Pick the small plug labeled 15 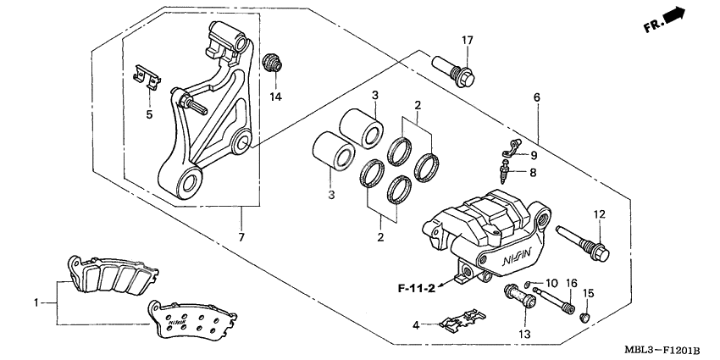pos(582,318)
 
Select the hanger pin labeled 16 pos(555,302)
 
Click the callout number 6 pos(536,98)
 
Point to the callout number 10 pos(550,282)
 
